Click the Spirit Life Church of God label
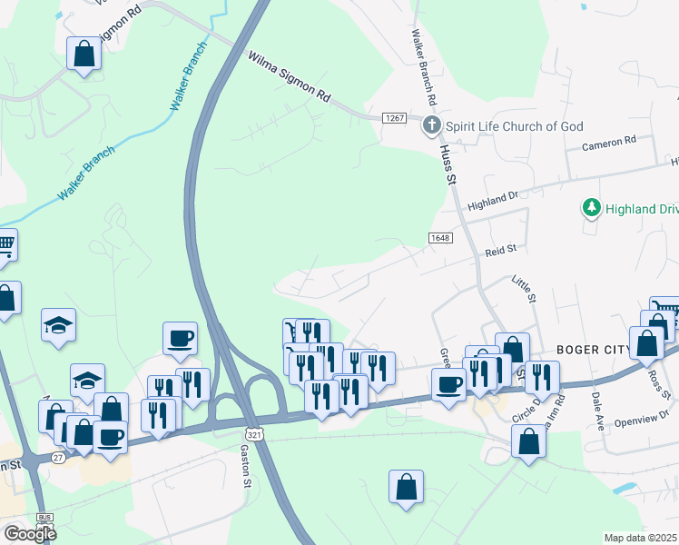514,126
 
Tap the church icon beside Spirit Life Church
431,125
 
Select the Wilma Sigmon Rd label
290,75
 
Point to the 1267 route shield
393,118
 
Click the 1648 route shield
440,238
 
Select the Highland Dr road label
492,201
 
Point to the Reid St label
500,248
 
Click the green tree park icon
592,209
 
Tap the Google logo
29,533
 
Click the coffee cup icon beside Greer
448,384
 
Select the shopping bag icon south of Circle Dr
528,441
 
